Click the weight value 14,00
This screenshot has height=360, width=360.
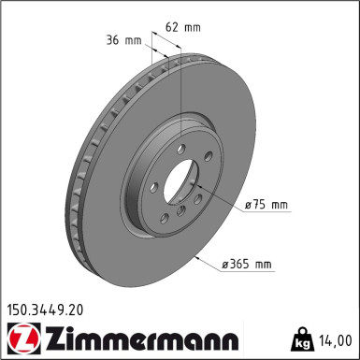[x=338, y=338]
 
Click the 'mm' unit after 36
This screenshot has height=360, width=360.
[x=132, y=40]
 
